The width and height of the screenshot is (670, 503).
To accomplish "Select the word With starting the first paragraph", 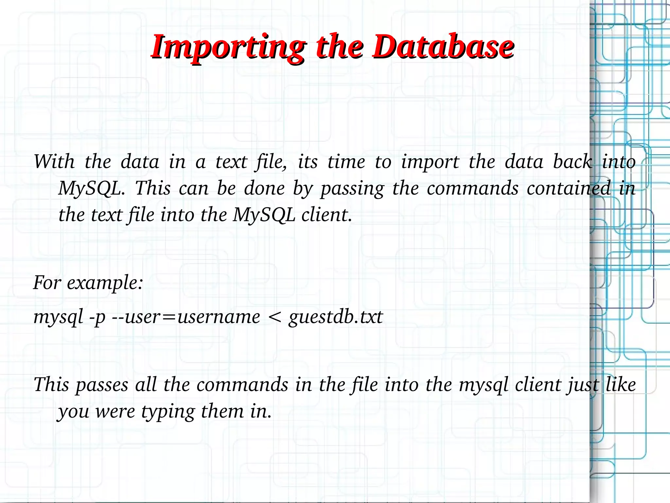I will click(54, 161).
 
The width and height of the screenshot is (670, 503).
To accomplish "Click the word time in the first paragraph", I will click(346, 161).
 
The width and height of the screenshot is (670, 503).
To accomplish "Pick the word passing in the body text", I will click(352, 189).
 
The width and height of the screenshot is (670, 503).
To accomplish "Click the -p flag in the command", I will click(97, 317).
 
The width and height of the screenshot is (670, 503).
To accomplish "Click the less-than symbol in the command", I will click(274, 317).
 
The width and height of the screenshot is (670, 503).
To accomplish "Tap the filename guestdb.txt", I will click(336, 317).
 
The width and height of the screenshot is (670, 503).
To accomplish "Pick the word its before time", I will click(308, 161).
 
